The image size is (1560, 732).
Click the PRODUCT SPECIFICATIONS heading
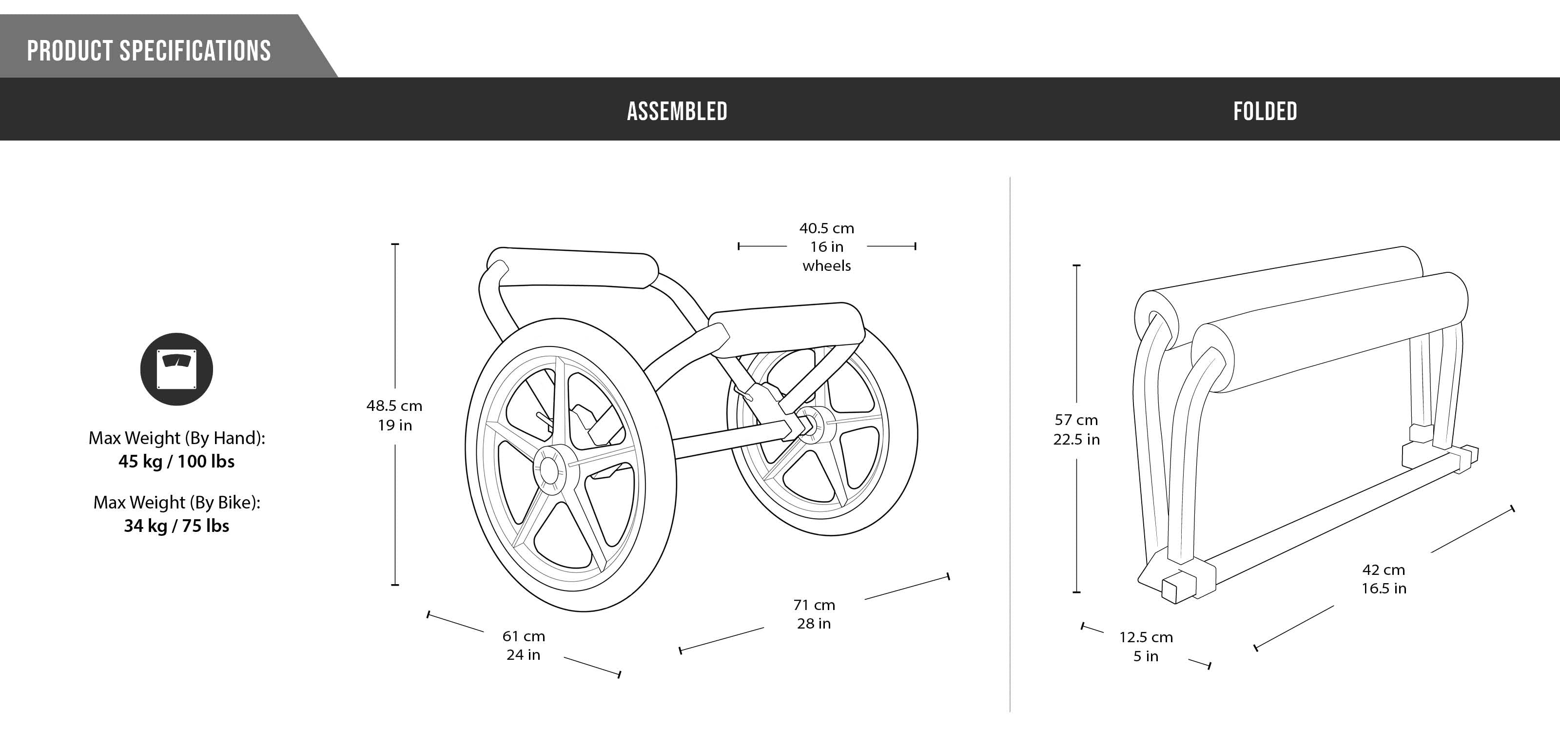click(149, 51)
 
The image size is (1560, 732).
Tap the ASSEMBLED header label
click(677, 111)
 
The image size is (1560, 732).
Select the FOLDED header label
click(1265, 111)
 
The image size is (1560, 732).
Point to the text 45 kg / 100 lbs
click(176, 462)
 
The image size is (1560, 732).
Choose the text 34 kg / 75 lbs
click(176, 526)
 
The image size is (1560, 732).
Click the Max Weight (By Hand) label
click(176, 438)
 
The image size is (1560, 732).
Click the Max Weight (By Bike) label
click(176, 502)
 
